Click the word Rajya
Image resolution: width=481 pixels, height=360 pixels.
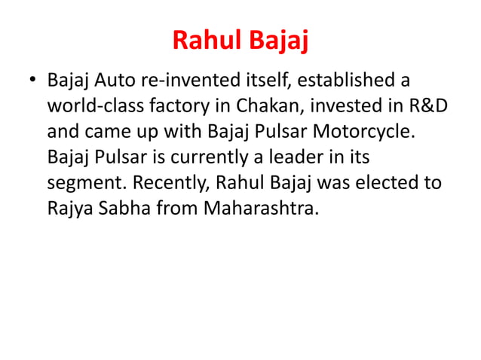[67, 207]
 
